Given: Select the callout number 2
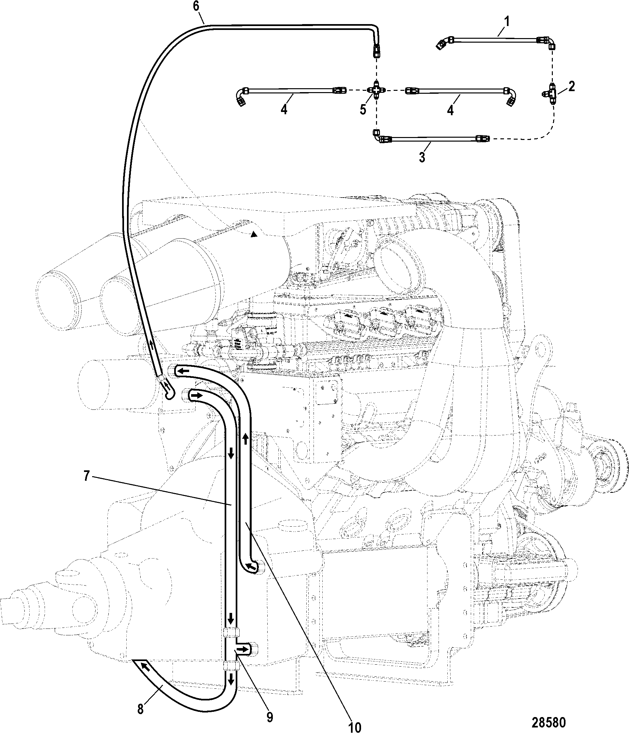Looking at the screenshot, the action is (x=571, y=86).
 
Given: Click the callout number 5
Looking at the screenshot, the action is (x=363, y=109).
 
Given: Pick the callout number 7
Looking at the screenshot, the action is (x=87, y=476).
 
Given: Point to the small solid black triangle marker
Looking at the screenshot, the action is (x=253, y=234).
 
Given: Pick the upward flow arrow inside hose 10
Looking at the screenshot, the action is (x=245, y=439).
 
